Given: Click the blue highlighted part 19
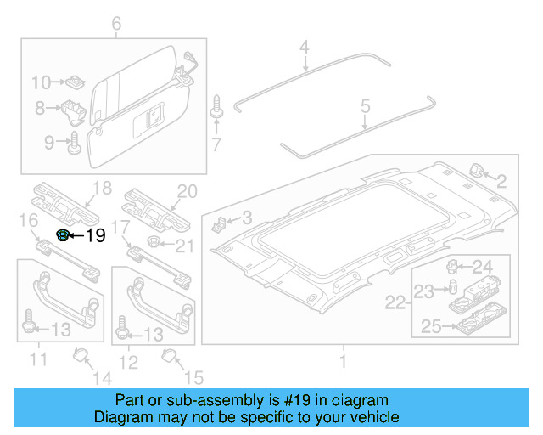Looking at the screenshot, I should (62, 235).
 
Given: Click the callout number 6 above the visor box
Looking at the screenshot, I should (116, 24).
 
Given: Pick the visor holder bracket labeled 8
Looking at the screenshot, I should (74, 109).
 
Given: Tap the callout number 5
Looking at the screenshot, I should (366, 106).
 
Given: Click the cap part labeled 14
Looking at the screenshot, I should (81, 355).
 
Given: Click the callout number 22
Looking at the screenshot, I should (396, 302).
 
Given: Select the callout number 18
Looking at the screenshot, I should (103, 189).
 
